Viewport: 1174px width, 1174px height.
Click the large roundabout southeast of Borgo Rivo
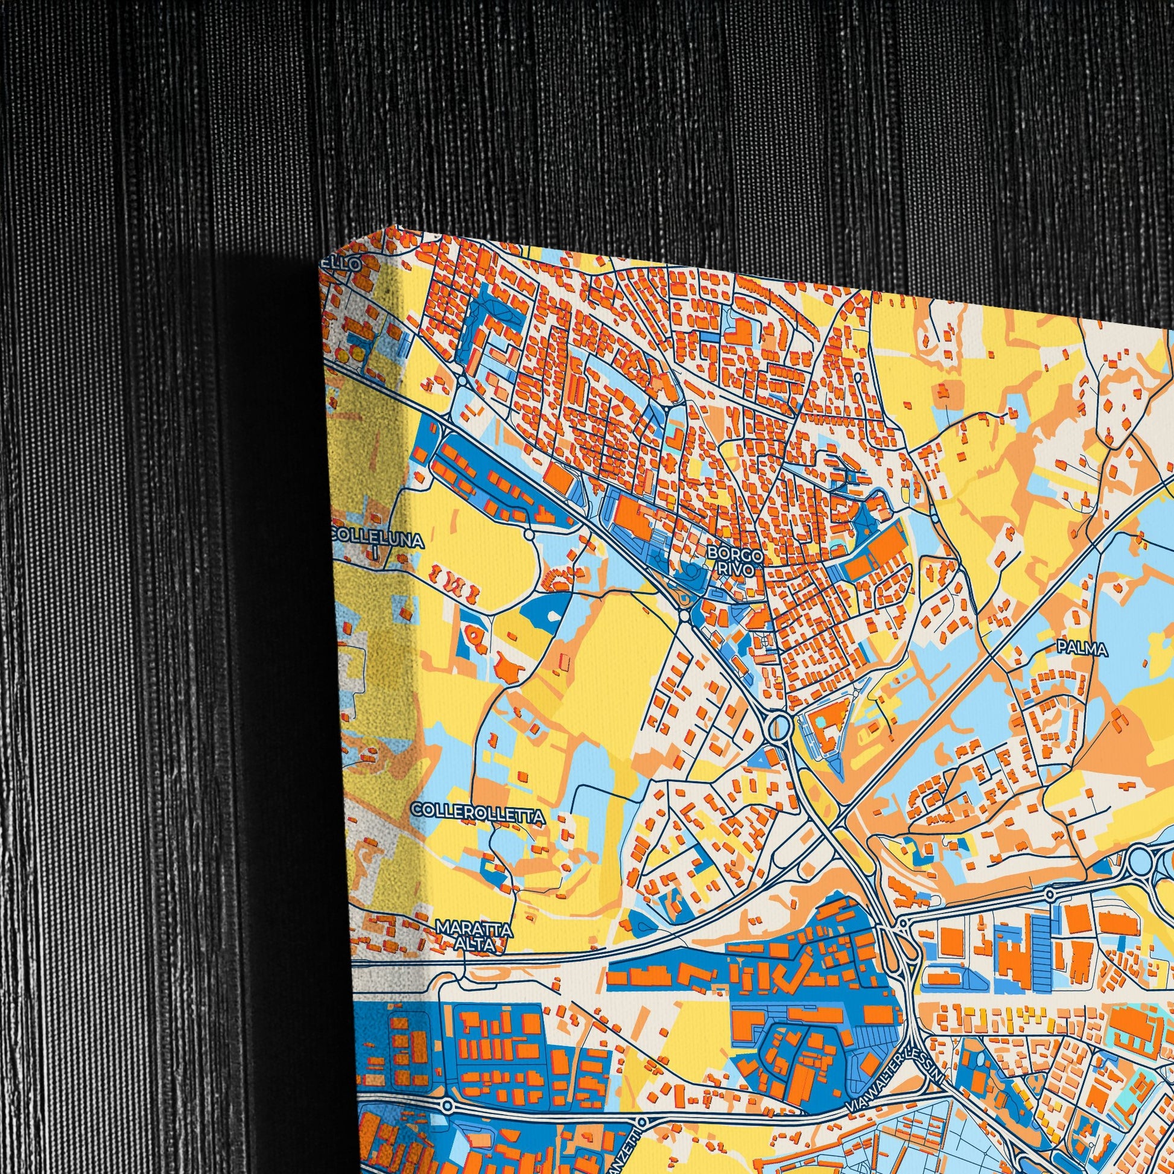pos(778,726)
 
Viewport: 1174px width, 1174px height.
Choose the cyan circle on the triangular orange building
pos(821,722)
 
